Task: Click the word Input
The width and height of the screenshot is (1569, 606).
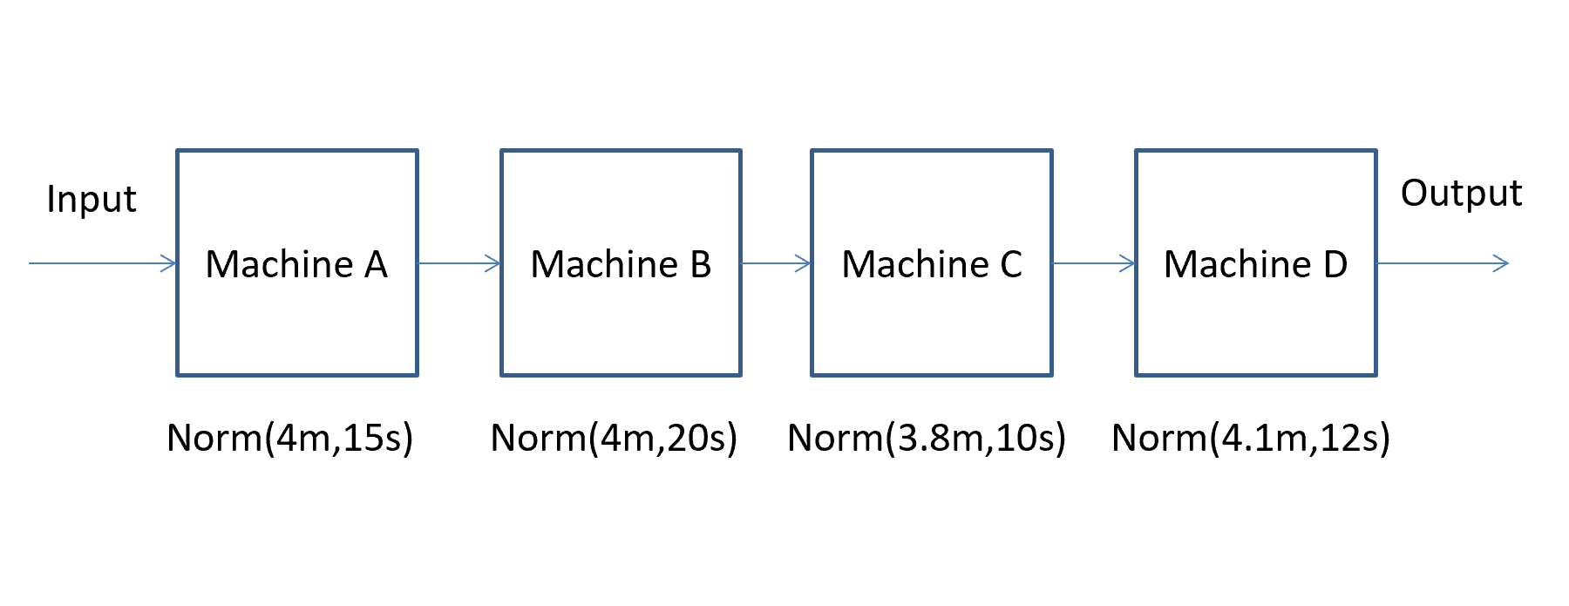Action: point(92,200)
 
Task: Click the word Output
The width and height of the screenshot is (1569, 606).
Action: point(1461,194)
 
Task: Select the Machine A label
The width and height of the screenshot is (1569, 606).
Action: point(296,264)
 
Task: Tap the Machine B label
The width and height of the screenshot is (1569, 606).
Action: point(621,264)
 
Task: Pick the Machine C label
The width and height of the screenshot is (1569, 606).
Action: point(932,264)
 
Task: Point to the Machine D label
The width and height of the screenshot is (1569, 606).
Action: point(1255,264)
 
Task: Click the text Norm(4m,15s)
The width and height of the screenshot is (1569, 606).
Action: point(290,438)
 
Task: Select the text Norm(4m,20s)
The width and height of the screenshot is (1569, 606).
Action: point(615,438)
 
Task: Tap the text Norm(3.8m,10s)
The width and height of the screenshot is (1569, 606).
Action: point(927,438)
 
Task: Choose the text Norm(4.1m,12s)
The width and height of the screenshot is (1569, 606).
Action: point(1251,438)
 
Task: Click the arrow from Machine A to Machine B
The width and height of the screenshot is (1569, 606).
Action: point(459,263)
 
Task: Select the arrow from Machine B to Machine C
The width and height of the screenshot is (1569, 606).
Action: point(776,263)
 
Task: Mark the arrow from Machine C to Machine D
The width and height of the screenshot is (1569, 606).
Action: point(1094,263)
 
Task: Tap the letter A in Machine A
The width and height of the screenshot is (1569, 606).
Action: point(376,264)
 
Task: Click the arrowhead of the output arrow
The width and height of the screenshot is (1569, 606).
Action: point(1501,263)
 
